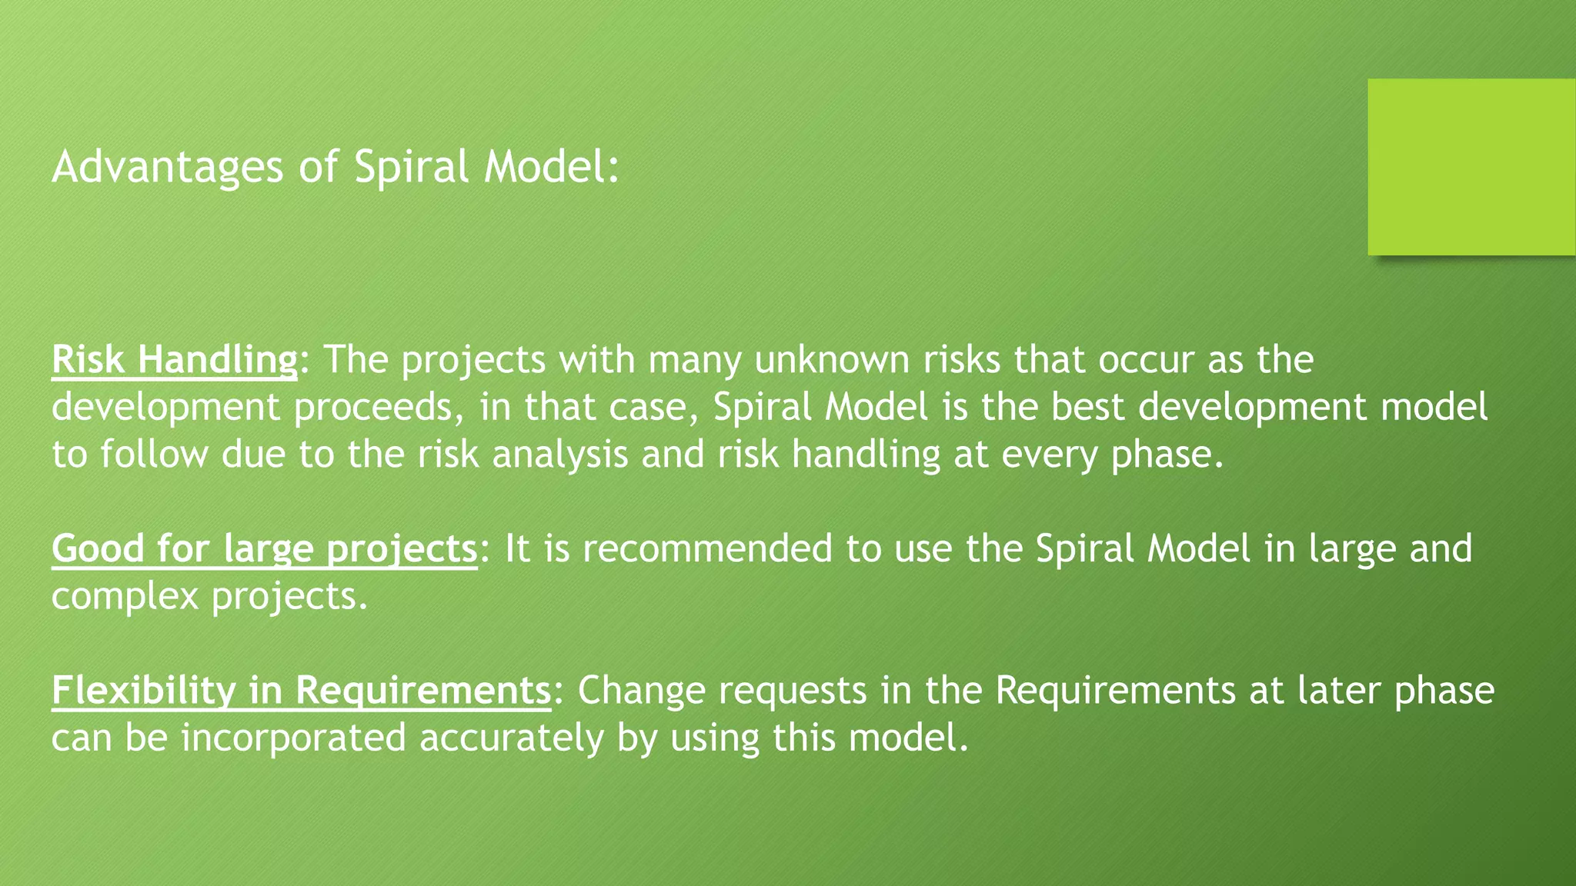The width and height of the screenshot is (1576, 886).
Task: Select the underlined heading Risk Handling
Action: pyautogui.click(x=175, y=360)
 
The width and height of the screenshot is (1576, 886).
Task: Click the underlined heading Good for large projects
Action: pyautogui.click(x=265, y=549)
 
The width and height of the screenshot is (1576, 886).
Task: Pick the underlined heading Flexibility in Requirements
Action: pyautogui.click(x=302, y=690)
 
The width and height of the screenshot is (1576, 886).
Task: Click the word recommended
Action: pyautogui.click(x=707, y=549)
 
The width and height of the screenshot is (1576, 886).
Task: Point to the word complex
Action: pyautogui.click(x=125, y=597)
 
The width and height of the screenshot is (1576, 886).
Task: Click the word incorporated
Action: pyautogui.click(x=293, y=738)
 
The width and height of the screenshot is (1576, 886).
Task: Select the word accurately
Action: pyautogui.click(x=511, y=738)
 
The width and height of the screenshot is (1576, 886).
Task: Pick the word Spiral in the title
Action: pyautogui.click(x=411, y=167)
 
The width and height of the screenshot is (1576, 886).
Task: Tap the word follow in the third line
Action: pyautogui.click(x=154, y=455)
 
